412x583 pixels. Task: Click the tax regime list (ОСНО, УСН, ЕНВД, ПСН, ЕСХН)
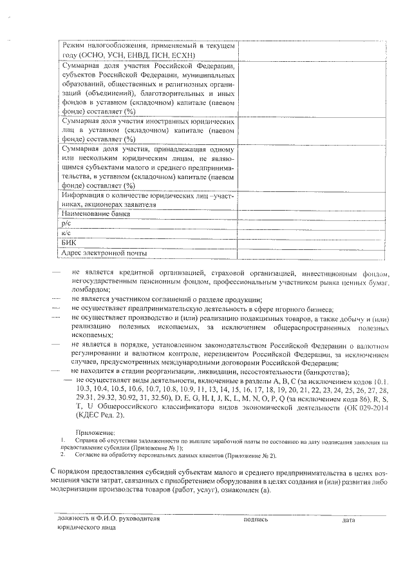click(145, 55)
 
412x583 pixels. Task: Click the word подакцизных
click(277, 319)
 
